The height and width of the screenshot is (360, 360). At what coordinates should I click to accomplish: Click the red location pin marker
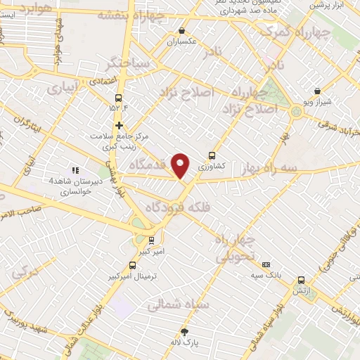pyautogui.click(x=181, y=165)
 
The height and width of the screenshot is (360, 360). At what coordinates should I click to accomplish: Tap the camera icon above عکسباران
pyautogui.click(x=183, y=30)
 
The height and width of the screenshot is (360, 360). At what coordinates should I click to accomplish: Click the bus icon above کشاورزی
pyautogui.click(x=212, y=156)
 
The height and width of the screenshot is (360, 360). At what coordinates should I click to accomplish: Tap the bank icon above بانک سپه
pyautogui.click(x=266, y=264)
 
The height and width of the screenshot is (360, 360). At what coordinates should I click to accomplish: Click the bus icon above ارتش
pyautogui.click(x=301, y=279)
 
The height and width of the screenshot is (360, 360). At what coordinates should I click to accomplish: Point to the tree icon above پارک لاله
pyautogui.click(x=186, y=331)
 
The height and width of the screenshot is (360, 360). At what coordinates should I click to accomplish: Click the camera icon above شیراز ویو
pyautogui.click(x=318, y=91)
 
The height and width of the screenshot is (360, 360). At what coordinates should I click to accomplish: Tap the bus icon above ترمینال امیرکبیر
pyautogui.click(x=134, y=265)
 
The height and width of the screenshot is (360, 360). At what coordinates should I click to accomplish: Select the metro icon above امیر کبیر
pyautogui.click(x=151, y=240)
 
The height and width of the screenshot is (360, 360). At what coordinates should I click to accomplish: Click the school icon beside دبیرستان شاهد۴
pyautogui.click(x=75, y=169)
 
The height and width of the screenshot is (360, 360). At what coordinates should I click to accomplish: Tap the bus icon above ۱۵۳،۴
pyautogui.click(x=117, y=98)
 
